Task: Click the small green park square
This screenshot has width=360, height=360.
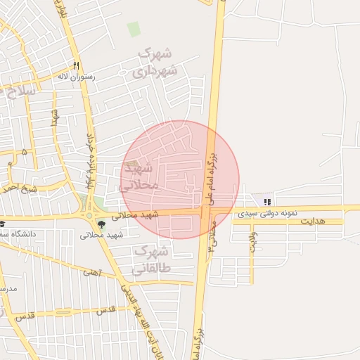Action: (134, 30)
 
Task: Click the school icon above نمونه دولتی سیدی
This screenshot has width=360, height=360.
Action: (266, 202)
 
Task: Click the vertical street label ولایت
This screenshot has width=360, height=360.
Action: (253, 241)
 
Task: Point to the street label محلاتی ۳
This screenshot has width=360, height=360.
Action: (212, 244)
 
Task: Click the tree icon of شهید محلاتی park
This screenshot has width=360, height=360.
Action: (101, 225)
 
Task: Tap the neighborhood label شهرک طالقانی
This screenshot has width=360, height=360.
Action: (151, 259)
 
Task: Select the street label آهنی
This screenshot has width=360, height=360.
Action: (92, 271)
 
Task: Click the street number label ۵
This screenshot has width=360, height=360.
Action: (25, 152)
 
